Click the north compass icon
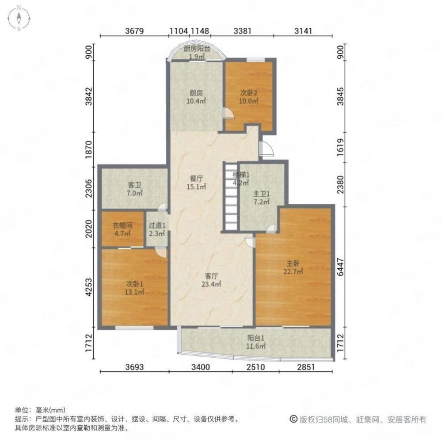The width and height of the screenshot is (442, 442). click(19, 19)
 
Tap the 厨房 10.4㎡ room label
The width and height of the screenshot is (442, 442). click(196, 97)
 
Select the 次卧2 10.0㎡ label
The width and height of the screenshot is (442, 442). click(249, 97)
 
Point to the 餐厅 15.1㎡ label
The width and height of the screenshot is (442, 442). click(197, 183)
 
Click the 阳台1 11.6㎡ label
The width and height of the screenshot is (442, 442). click(256, 343)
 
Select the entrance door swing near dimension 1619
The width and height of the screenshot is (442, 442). click(267, 150)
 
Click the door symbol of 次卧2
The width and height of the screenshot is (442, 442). click(229, 114)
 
